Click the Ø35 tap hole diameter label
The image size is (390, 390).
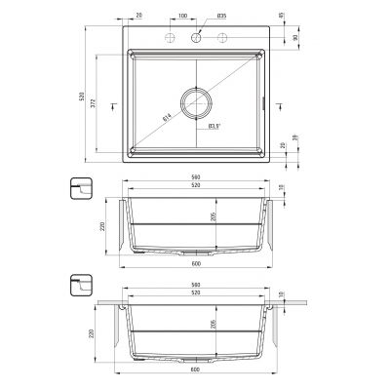click(x=221, y=17)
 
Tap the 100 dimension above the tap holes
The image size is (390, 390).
click(x=183, y=17)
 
